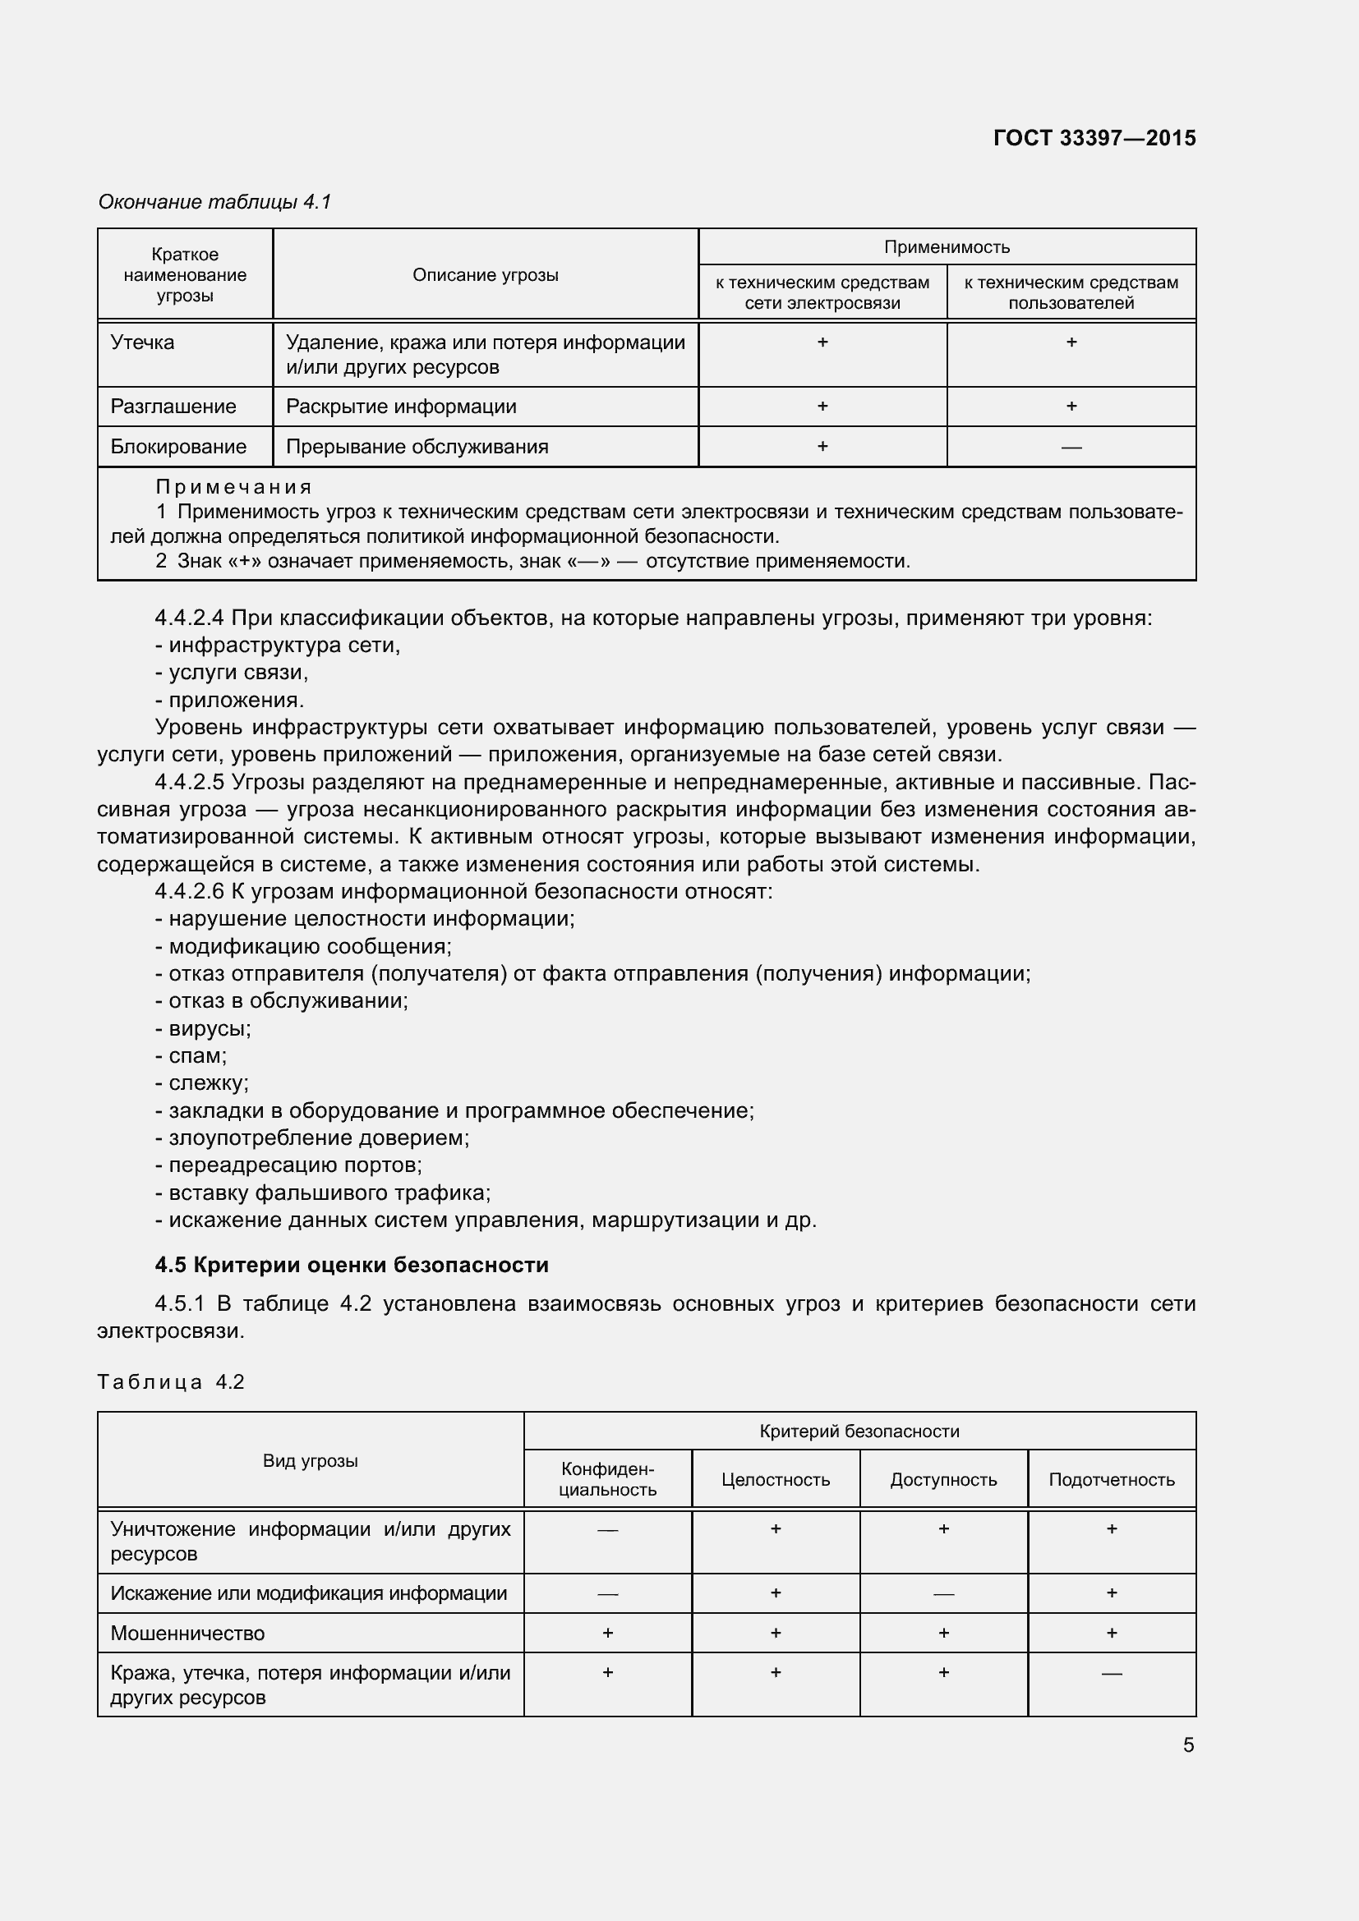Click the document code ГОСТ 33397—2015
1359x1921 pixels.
1094,138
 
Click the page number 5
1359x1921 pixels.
1188,1744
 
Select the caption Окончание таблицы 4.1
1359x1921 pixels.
215,202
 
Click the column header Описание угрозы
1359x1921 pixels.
486,275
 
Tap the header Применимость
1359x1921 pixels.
947,247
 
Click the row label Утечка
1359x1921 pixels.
142,342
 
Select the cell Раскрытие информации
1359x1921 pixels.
401,407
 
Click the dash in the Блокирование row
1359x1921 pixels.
1071,448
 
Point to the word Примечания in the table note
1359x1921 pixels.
233,487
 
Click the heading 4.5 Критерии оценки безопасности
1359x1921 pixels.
352,1264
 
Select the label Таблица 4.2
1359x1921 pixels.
171,1381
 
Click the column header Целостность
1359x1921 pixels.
775,1479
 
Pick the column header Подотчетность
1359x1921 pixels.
1112,1479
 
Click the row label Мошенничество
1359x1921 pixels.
187,1633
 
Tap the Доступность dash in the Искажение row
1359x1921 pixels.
943,1594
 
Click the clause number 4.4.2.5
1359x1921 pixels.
189,783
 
